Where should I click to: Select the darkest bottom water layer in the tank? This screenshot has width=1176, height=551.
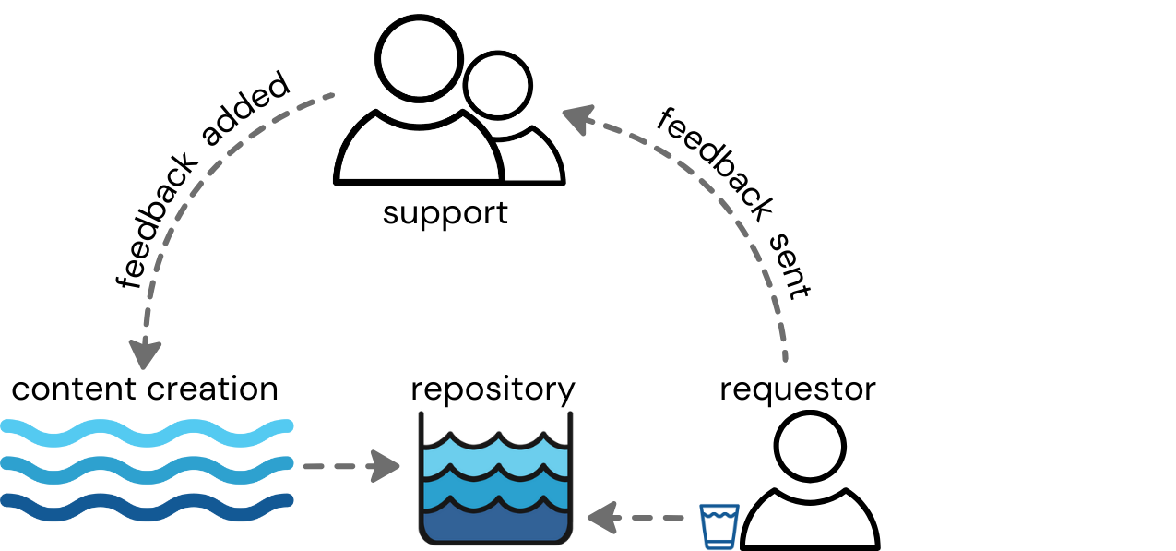click(x=495, y=524)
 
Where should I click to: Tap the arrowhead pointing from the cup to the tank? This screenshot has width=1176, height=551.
click(x=601, y=518)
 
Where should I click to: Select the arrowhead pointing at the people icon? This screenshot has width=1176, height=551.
click(x=577, y=119)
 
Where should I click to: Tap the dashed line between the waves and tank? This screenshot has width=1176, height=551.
click(x=337, y=466)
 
